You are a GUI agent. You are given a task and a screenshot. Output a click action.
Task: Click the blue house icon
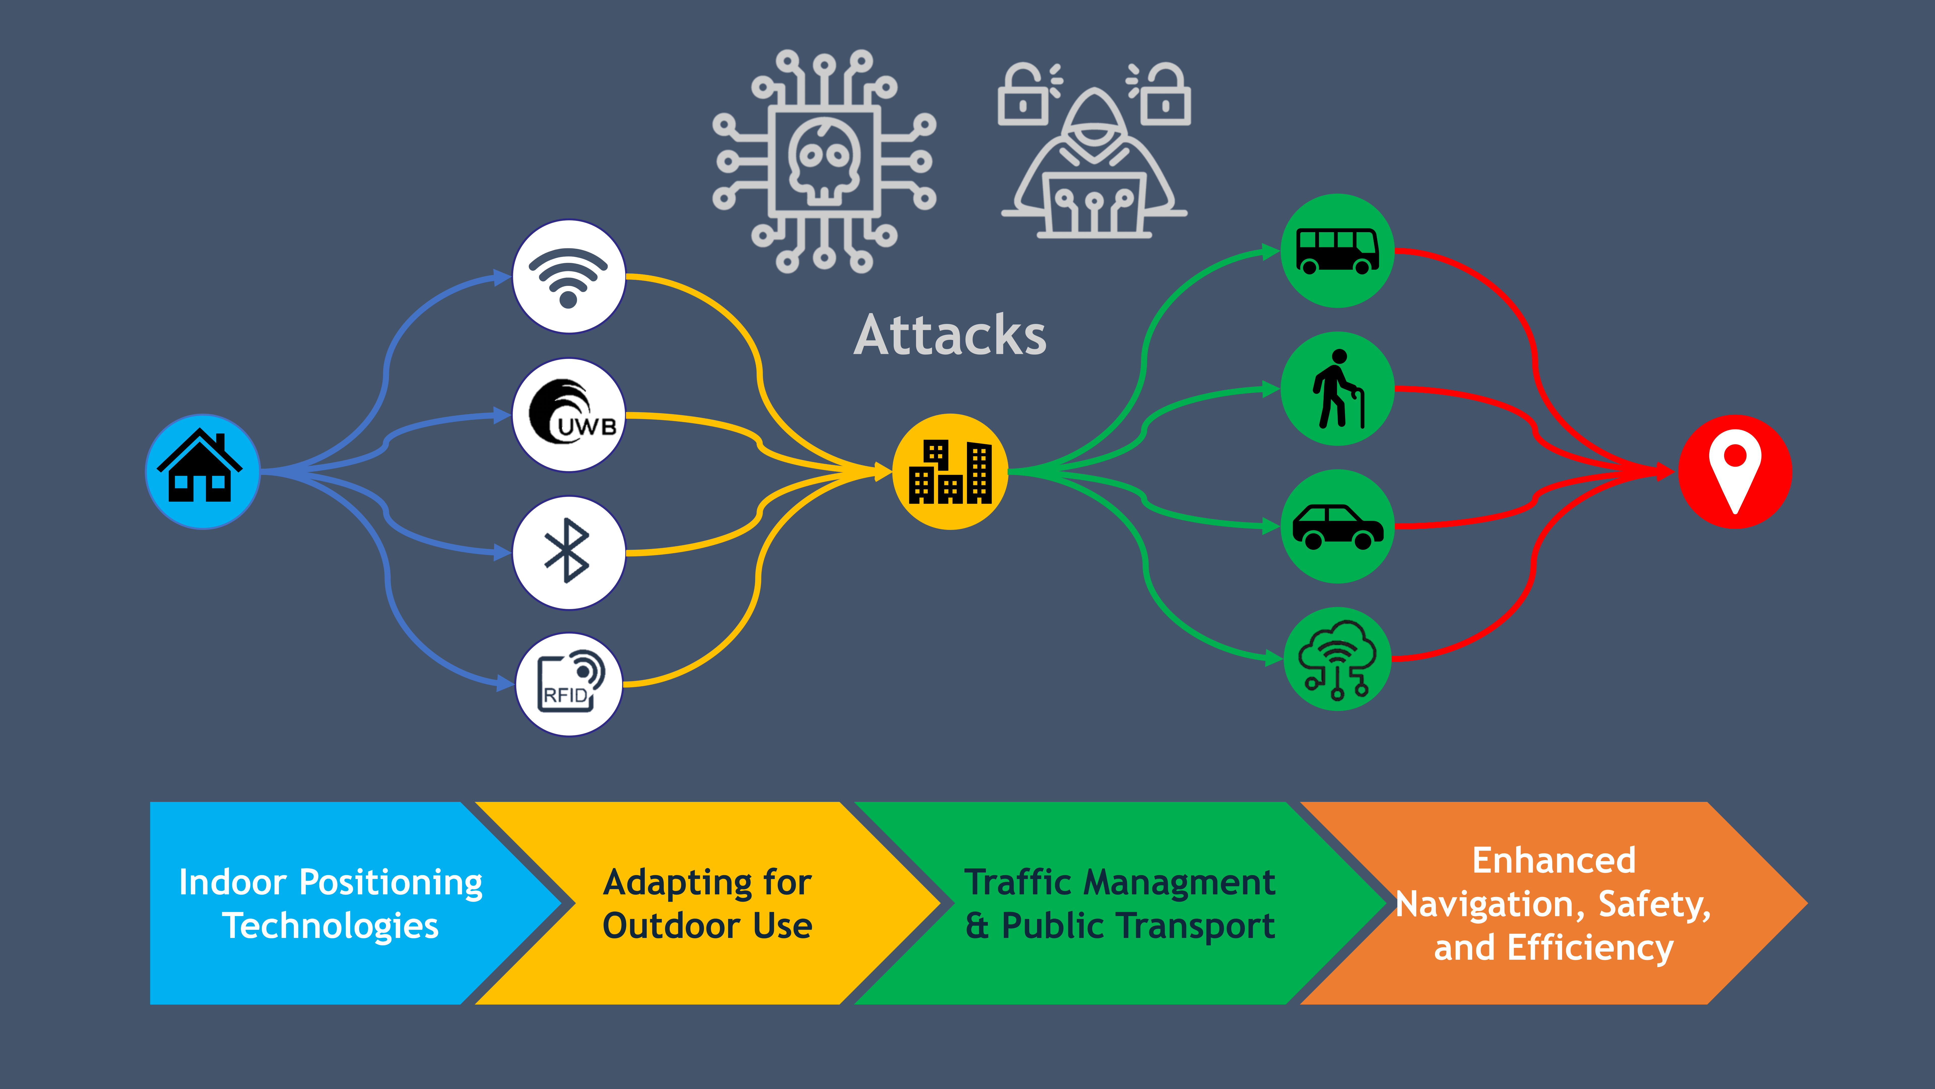202,471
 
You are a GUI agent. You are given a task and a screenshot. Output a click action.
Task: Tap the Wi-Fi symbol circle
569,277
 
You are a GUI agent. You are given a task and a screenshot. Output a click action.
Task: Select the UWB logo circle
569,415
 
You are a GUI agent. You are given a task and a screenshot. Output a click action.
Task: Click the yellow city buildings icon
950,471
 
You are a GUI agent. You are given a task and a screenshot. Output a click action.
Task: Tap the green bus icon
1337,250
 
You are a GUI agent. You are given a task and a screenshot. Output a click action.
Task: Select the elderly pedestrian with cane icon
1337,388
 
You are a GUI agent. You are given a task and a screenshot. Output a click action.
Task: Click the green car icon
1337,526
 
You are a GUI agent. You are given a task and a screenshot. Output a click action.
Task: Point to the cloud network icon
1337,659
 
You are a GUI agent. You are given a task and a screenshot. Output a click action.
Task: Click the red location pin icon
1734,471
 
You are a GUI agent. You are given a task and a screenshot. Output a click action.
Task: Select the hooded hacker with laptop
1094,169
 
